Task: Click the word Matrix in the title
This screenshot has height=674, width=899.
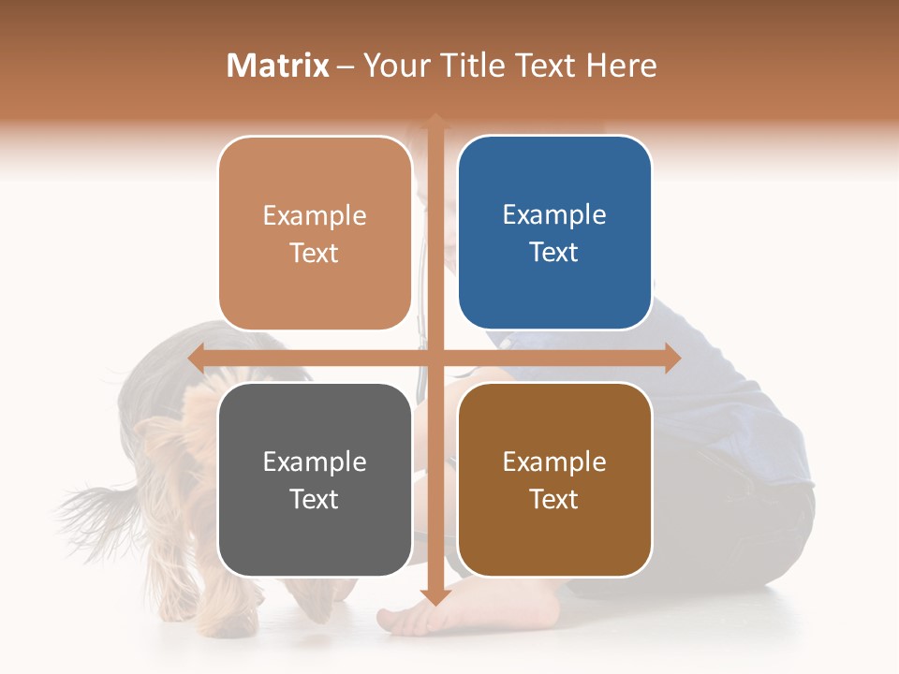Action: pyautogui.click(x=278, y=66)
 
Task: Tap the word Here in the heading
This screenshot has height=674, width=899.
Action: pyautogui.click(x=622, y=66)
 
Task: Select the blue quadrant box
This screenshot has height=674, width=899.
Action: pyautogui.click(x=554, y=232)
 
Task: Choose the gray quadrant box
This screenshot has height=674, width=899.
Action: pyautogui.click(x=315, y=479)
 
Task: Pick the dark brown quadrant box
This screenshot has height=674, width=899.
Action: pyautogui.click(x=554, y=479)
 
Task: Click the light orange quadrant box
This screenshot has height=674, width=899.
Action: pyautogui.click(x=315, y=232)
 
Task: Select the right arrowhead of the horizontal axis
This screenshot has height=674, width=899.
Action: pyautogui.click(x=672, y=358)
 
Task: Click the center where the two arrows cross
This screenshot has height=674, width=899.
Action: pyautogui.click(x=435, y=358)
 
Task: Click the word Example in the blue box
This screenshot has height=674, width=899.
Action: pyautogui.click(x=554, y=215)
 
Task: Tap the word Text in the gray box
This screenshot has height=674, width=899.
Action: pyautogui.click(x=315, y=499)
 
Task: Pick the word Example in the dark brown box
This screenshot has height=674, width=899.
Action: pyautogui.click(x=554, y=462)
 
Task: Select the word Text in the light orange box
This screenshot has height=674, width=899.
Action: pyautogui.click(x=315, y=253)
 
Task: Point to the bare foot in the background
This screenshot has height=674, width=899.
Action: pyautogui.click(x=412, y=618)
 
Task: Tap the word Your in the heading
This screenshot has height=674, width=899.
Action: pyautogui.click(x=395, y=66)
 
